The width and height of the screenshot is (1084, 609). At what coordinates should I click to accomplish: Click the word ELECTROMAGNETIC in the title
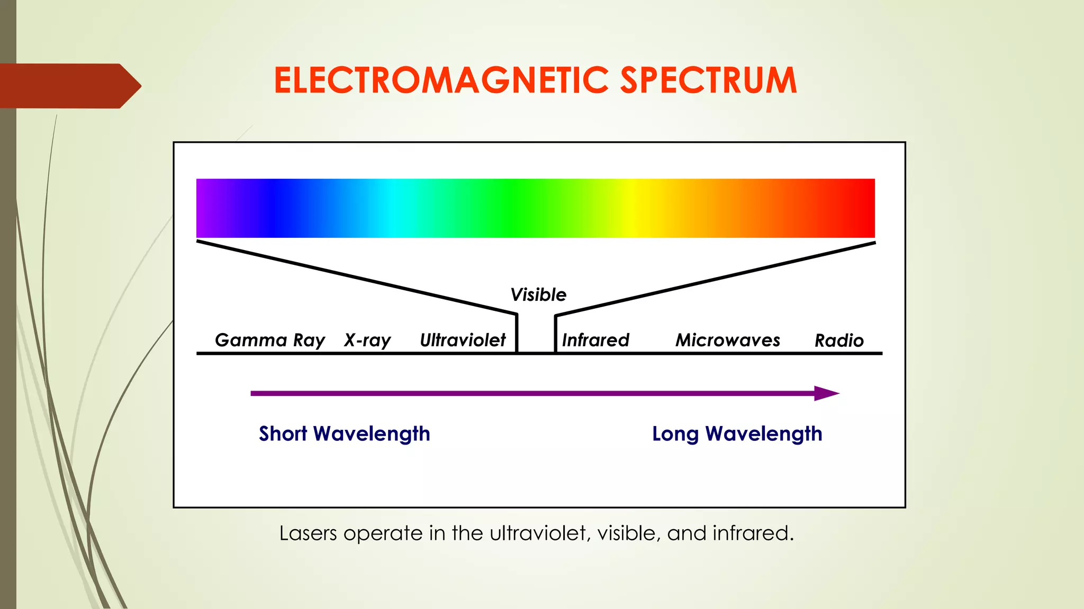(x=442, y=81)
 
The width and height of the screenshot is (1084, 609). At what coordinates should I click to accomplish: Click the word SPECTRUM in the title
(x=708, y=81)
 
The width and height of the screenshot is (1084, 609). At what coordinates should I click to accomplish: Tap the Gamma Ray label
(x=270, y=340)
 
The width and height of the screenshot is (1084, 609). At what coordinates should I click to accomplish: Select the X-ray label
(x=367, y=340)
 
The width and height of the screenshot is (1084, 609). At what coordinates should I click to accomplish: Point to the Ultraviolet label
(x=463, y=340)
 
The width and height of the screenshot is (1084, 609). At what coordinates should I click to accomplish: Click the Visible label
(x=538, y=294)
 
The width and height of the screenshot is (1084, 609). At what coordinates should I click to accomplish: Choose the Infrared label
(x=595, y=340)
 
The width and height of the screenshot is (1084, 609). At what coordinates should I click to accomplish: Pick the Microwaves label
(x=728, y=340)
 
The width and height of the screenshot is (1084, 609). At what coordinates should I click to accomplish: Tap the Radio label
(x=839, y=340)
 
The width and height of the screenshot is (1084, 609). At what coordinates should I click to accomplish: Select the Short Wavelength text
(x=345, y=434)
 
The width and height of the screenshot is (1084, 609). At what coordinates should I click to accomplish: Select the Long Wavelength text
(x=737, y=434)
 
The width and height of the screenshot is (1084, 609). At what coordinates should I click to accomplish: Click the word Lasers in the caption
(x=308, y=533)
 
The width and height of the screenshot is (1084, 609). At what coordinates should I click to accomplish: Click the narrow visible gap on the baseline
(x=536, y=338)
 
